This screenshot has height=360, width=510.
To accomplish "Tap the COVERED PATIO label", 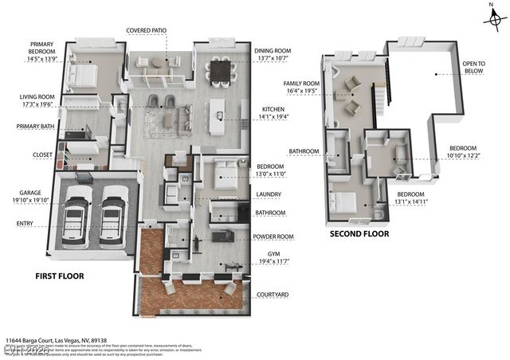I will click(146, 31).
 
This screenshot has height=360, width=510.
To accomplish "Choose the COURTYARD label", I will click(272, 295).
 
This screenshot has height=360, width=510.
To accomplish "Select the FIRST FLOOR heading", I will click(60, 276).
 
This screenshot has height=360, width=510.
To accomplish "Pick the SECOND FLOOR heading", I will click(359, 234).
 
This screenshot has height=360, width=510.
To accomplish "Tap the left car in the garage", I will click(80, 215).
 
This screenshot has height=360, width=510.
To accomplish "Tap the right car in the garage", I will click(114, 215).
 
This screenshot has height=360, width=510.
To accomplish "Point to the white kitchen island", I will click(217, 117).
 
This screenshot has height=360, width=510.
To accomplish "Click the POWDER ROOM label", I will click(273, 237).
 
